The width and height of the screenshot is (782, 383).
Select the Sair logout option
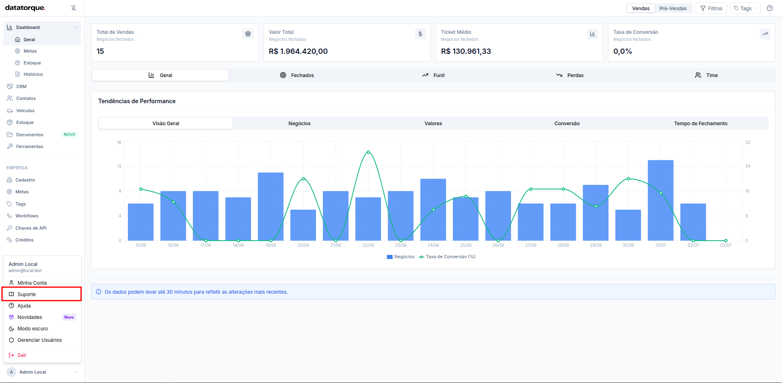tap(22, 355)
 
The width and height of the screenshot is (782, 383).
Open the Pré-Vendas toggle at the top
tap(673, 8)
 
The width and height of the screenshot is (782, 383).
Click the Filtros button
tap(711, 8)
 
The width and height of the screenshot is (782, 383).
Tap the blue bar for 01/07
tap(661, 200)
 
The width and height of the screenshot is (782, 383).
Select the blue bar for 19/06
tap(271, 206)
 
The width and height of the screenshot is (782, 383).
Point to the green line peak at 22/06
tap(368, 152)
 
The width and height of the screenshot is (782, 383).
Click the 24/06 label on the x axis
tap(433, 245)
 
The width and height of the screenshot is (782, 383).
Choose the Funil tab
tap(433, 75)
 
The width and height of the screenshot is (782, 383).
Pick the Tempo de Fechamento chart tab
tap(701, 123)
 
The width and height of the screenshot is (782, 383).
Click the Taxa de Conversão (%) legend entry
tap(447, 257)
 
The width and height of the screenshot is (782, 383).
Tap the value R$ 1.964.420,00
tap(298, 51)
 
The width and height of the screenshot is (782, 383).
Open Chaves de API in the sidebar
tap(31, 228)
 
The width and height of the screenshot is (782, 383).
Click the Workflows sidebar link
tap(27, 216)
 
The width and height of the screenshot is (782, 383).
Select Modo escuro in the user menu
tap(33, 329)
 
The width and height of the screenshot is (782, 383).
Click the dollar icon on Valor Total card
tap(420, 34)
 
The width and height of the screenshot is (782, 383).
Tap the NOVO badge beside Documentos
tap(70, 135)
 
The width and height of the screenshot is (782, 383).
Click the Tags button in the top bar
tap(745, 8)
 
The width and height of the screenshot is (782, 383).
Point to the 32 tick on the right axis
tap(748, 142)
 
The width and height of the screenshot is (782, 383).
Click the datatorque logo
tap(25, 8)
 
